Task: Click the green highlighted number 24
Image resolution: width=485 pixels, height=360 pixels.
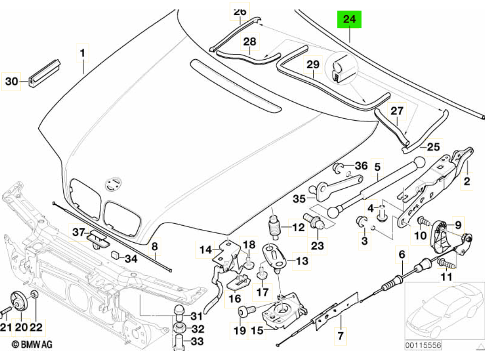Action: pos(349,20)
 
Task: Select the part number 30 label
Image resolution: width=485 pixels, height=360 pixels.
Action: pos(11,82)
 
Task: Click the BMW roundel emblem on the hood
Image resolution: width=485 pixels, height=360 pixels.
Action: pos(113,184)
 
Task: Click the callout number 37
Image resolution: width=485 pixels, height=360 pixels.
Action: pos(78,232)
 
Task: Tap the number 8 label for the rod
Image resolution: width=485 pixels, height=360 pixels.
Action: pos(154,246)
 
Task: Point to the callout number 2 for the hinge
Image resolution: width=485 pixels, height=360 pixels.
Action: pos(467,180)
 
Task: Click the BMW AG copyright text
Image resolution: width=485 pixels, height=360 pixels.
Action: pos(32,345)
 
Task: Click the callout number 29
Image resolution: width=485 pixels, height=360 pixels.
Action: pos(312,64)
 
